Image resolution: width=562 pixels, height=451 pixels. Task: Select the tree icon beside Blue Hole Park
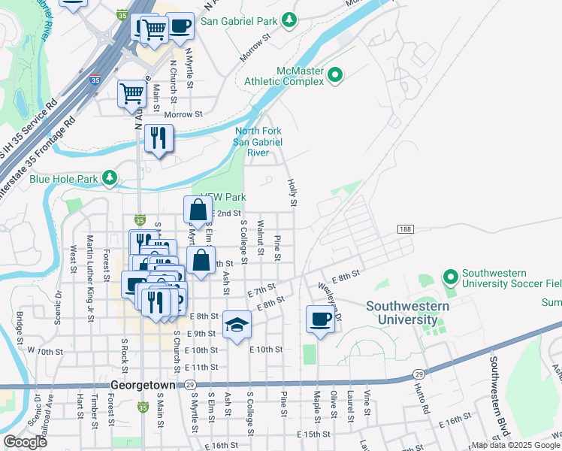click(110, 177)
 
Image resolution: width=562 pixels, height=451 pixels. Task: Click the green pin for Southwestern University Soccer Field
click(451, 278)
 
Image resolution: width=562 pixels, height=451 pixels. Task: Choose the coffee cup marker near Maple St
click(320, 319)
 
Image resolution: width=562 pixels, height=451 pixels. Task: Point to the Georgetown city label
click(143, 384)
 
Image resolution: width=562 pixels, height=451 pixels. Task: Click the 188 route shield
click(405, 229)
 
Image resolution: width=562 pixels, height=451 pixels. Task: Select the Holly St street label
click(292, 192)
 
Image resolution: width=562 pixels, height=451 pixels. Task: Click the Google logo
click(25, 442)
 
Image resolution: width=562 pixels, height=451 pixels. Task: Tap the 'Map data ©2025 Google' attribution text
click(515, 445)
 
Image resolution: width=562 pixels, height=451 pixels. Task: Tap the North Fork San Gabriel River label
click(258, 141)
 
